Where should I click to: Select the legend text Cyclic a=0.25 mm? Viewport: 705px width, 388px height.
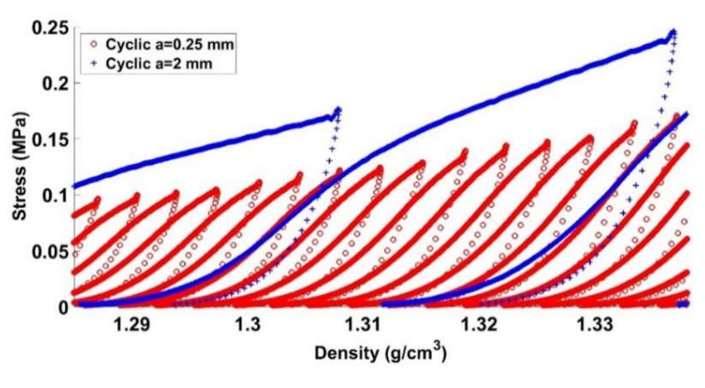click(169, 44)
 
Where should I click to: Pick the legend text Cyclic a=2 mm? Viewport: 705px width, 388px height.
click(158, 64)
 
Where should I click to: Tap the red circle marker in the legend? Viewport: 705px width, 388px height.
click(94, 44)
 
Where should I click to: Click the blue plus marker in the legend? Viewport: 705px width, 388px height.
click(94, 64)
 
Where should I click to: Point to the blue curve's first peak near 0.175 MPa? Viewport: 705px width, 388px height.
click(338, 110)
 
